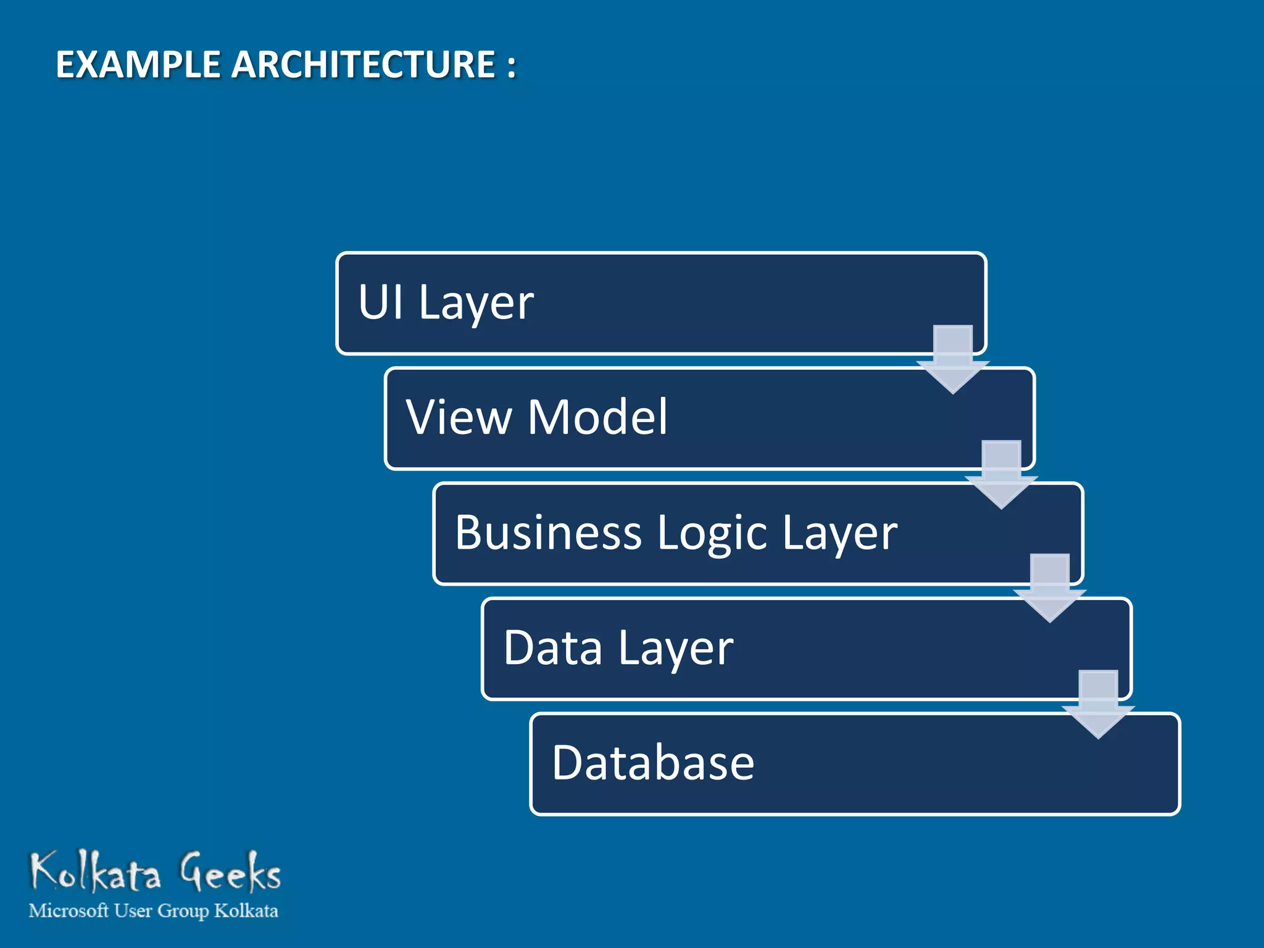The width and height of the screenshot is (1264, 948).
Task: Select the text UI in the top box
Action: [x=380, y=302]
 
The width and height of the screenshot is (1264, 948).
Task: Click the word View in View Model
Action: [x=459, y=417]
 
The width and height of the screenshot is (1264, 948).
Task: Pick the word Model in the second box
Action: [x=597, y=417]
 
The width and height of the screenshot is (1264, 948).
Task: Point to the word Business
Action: [x=548, y=533]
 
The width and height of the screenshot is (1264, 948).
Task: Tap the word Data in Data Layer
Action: [x=553, y=648]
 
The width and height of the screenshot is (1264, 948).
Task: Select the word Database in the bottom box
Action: [x=653, y=763]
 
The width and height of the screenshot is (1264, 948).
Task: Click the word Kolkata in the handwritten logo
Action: [x=96, y=872]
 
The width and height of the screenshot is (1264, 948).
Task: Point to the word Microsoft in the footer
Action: [x=69, y=911]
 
